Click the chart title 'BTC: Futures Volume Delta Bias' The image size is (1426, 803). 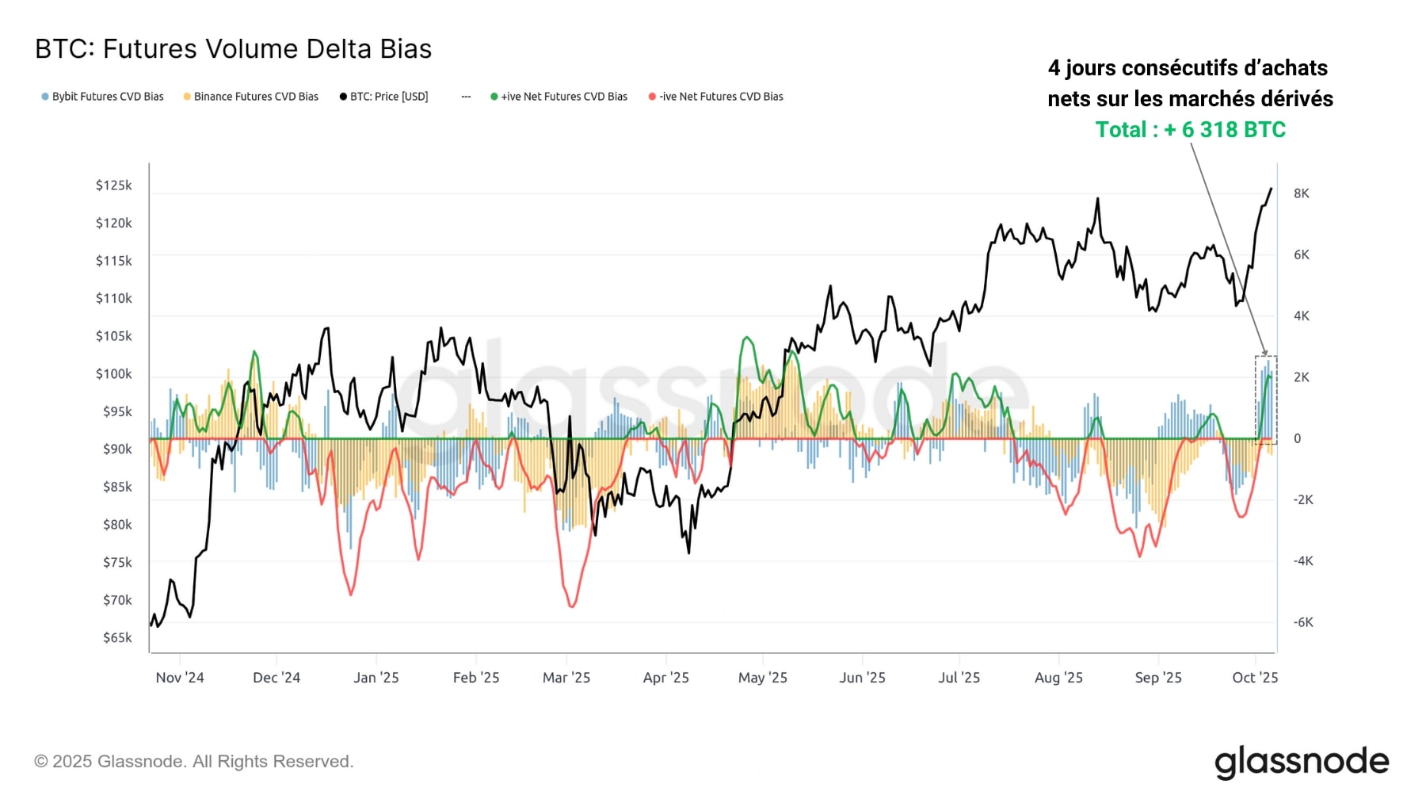233,49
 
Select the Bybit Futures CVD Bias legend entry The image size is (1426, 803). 103,97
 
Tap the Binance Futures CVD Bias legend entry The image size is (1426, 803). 251,97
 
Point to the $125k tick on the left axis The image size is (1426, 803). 114,185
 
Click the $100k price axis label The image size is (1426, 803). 114,374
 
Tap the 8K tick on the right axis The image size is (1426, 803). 1302,193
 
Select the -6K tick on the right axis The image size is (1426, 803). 1303,622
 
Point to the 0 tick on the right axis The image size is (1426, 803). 1297,438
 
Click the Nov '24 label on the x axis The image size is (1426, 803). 180,678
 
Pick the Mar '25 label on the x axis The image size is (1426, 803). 566,678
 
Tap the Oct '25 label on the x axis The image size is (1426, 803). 1255,678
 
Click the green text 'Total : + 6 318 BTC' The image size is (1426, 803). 1190,130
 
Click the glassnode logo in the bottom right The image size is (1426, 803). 1302,762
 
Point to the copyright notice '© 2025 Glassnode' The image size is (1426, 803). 193,762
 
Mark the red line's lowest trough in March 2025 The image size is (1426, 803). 571,606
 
